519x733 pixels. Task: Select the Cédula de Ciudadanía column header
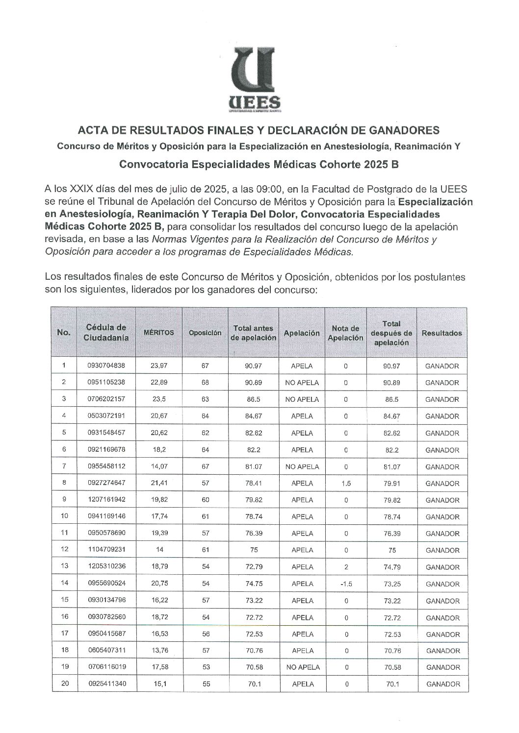[x=106, y=332]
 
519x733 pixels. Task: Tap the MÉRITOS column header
[x=158, y=333]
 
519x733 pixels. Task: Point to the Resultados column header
[x=441, y=333]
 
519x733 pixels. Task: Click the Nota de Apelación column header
[x=346, y=333]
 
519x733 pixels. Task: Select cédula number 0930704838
[x=106, y=366]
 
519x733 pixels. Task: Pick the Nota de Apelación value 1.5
[x=346, y=483]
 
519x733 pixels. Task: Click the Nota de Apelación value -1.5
[x=346, y=584]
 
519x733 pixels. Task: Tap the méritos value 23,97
[x=159, y=366]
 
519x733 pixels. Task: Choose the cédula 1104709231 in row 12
[x=106, y=550]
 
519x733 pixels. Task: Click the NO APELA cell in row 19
[x=302, y=667]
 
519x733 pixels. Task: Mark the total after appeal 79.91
[x=392, y=483]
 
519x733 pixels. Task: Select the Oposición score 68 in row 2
[x=205, y=383]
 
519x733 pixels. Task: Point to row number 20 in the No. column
[x=64, y=684]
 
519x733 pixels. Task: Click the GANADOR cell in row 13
[x=442, y=567]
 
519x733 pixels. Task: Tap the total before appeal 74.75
[x=253, y=584]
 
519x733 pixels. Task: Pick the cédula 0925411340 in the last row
[x=106, y=684]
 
